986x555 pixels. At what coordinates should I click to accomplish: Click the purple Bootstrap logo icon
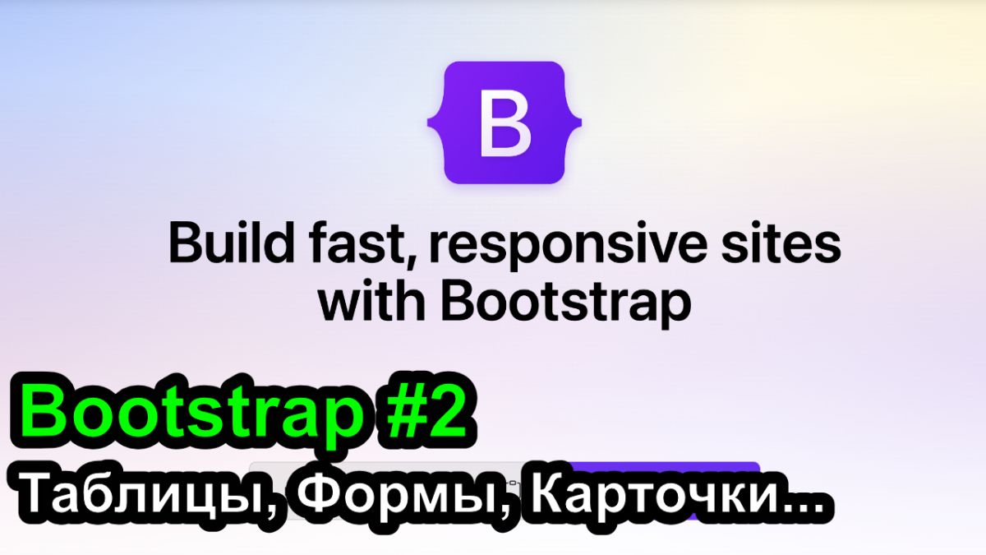(505, 123)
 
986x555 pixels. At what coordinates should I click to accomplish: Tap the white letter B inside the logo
(505, 123)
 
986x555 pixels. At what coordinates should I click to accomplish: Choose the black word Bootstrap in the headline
(566, 305)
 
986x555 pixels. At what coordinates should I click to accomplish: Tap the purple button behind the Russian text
(661, 490)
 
